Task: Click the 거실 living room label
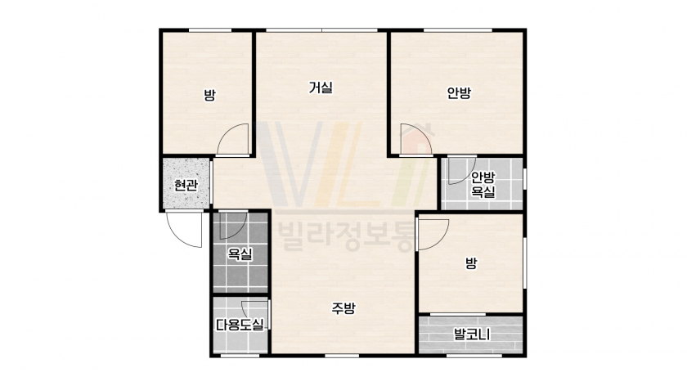(x=321, y=88)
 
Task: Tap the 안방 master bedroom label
(x=459, y=92)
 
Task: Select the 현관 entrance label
(x=186, y=185)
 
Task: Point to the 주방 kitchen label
(x=343, y=308)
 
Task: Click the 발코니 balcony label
(x=471, y=335)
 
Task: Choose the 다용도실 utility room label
(x=240, y=325)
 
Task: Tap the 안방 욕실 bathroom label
(x=483, y=185)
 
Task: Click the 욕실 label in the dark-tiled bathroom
(x=240, y=254)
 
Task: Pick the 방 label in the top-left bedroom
(x=210, y=95)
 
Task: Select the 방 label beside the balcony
(x=471, y=263)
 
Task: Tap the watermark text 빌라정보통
(x=345, y=236)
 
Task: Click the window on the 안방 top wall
(x=457, y=30)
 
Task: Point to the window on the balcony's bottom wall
(x=474, y=356)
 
